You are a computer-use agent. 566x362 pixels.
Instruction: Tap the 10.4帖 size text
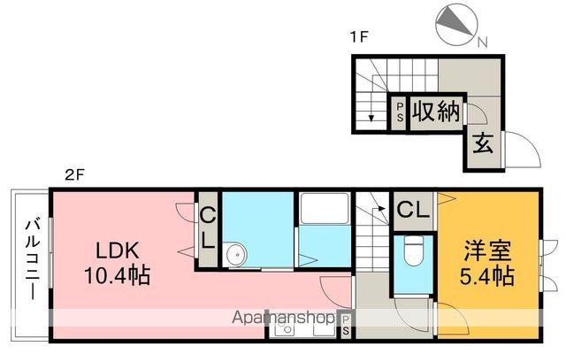click(x=116, y=275)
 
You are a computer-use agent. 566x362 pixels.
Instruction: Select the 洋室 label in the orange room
click(x=485, y=250)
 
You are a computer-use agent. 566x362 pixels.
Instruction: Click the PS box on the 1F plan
click(x=399, y=112)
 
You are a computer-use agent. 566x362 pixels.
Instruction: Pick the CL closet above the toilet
click(x=412, y=210)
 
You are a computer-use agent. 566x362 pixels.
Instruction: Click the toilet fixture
click(x=412, y=252)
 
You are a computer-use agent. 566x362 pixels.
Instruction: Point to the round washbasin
click(x=235, y=256)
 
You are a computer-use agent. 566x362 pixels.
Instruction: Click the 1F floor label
click(x=357, y=38)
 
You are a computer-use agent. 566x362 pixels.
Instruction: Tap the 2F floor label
click(x=74, y=175)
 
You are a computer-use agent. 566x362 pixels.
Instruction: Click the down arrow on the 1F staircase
click(x=363, y=111)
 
